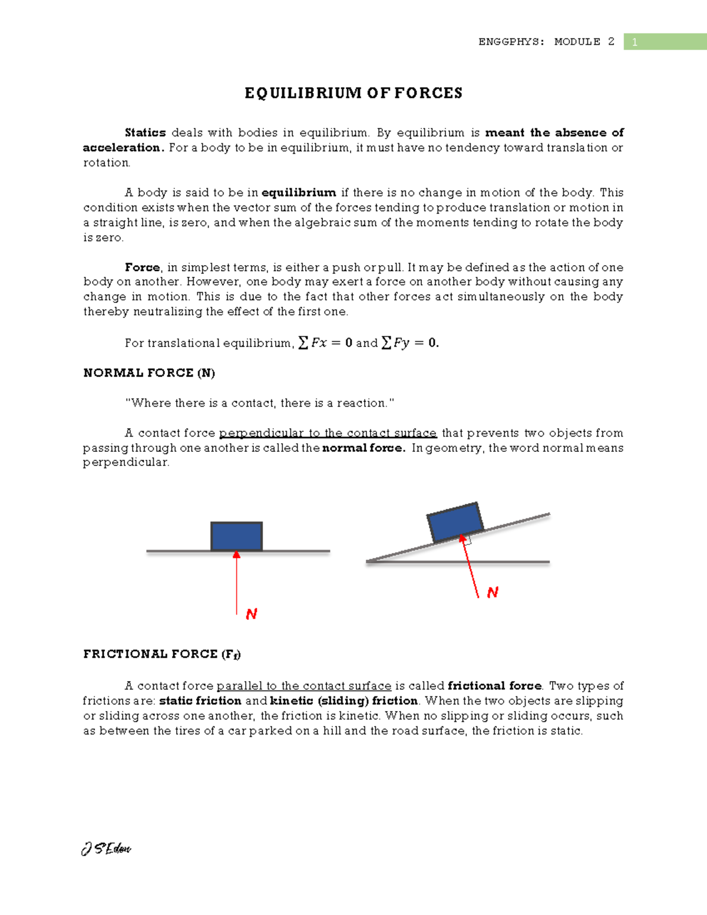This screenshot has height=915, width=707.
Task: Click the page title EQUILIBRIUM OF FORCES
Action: point(353,93)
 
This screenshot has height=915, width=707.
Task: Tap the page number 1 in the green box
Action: point(635,42)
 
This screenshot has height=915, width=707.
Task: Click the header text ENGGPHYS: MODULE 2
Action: point(546,42)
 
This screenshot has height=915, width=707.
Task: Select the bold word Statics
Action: point(145,133)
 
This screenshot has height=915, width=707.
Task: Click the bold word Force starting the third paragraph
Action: point(142,267)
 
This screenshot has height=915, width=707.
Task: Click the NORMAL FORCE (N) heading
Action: point(149,373)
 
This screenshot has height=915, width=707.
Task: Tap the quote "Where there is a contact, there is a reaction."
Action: point(260,403)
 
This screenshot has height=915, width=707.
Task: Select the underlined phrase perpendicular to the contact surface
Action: point(328,433)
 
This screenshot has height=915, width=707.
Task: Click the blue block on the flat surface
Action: point(236,536)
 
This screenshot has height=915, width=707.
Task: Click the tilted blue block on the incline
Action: point(455,522)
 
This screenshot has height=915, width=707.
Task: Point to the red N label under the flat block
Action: point(252,614)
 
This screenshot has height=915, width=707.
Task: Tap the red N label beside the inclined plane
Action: point(493,592)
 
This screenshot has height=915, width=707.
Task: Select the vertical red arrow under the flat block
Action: point(237,583)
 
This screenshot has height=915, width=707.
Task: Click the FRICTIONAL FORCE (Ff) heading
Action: point(162,654)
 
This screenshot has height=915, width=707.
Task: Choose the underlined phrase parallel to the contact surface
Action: point(304,686)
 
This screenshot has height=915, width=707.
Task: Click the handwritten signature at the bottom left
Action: point(106,848)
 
